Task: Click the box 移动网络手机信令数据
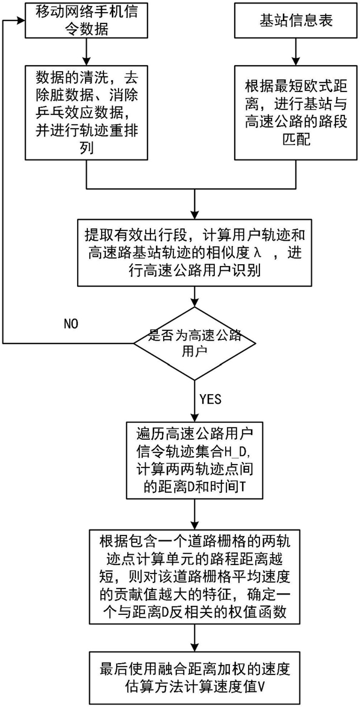[x=85, y=22]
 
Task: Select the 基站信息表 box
[x=296, y=21]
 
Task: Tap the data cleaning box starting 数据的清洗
[x=85, y=111]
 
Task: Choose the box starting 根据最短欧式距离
[x=296, y=111]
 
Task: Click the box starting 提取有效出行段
[x=195, y=252]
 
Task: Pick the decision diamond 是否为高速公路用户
[x=195, y=344]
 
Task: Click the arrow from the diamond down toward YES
[x=195, y=400]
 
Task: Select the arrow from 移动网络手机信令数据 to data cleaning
[x=85, y=51]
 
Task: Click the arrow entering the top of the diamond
[x=195, y=296]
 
